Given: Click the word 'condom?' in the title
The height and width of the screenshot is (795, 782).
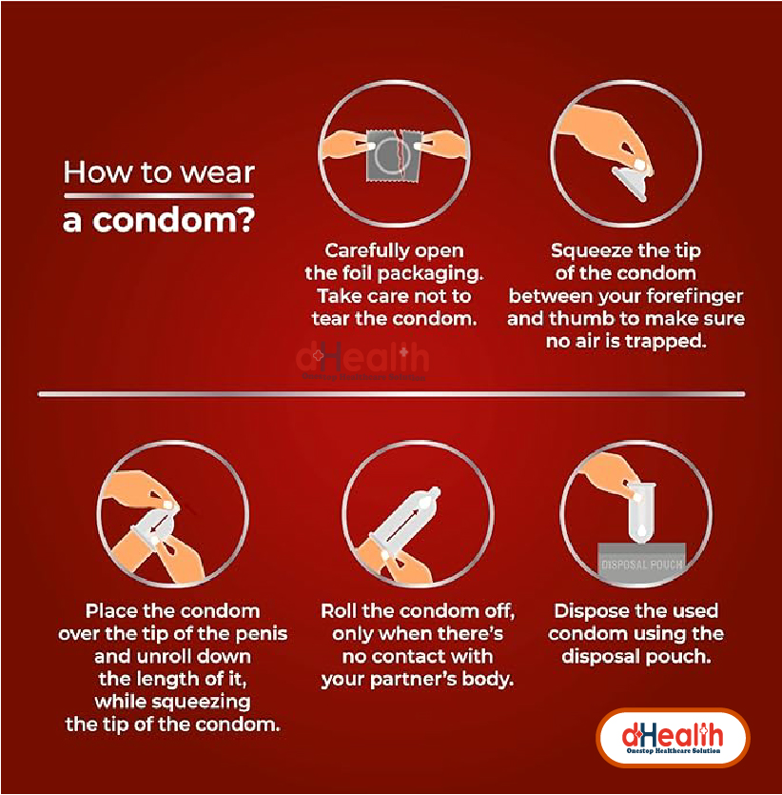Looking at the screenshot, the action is point(174,221).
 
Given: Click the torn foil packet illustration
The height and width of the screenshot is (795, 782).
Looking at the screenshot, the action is point(395,154).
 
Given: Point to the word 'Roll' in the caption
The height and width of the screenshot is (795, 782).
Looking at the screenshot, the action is point(340,611).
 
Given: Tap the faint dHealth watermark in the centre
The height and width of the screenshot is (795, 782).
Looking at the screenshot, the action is point(362,359).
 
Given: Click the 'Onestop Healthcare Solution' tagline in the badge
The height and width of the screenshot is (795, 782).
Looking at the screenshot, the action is point(674,750).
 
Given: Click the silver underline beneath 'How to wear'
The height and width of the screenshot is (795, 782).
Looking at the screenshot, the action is point(159,196).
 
